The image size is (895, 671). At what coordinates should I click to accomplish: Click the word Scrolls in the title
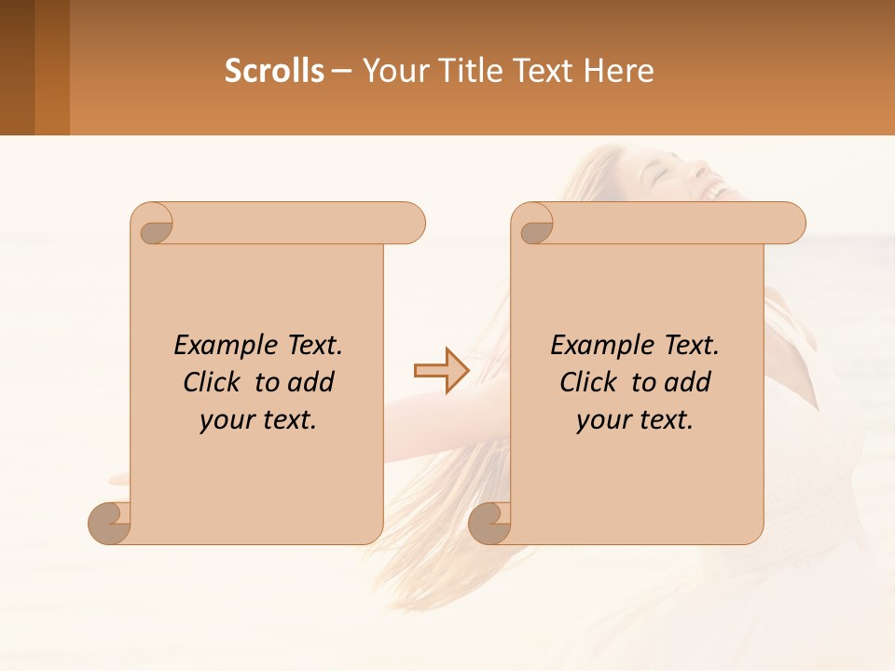[274, 70]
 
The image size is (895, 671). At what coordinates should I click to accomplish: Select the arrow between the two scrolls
[441, 371]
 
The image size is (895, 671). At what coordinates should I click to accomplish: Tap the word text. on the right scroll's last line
[667, 420]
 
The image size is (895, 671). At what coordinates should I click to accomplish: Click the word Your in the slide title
[392, 70]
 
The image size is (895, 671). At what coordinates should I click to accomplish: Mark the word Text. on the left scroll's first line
[312, 346]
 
